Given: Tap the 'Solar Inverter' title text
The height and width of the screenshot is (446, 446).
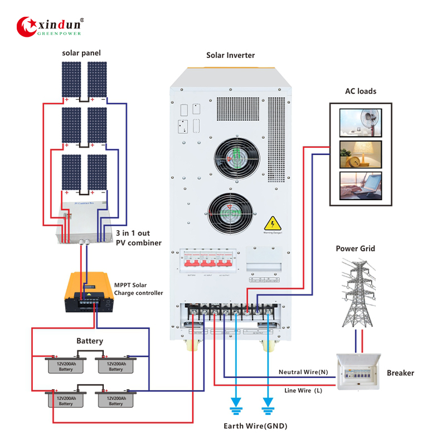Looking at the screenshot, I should tap(230, 55).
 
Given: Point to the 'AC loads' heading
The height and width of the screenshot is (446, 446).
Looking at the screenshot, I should tap(361, 91).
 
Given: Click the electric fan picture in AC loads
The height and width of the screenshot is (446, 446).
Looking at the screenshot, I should tap(361, 120).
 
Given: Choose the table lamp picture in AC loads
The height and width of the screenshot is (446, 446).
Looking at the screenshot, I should tap(361, 154).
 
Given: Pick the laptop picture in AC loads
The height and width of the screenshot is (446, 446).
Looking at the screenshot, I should tap(361, 186).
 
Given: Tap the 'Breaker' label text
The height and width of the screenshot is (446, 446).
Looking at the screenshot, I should tap(401, 372).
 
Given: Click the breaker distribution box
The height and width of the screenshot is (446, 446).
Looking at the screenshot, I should tap(358, 371).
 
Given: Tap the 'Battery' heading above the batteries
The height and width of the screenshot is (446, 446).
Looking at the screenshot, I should tap(90, 341).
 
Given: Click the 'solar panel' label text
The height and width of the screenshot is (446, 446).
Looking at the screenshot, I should tap(81, 53).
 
